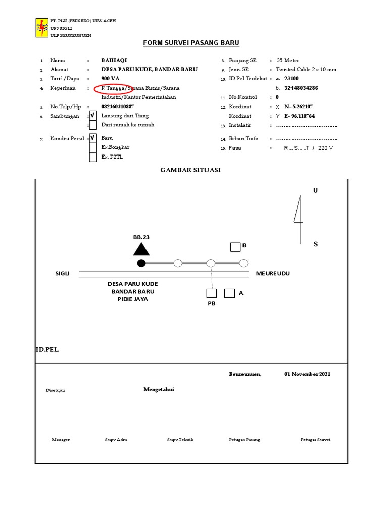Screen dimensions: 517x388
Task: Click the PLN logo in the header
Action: pyautogui.click(x=41, y=28)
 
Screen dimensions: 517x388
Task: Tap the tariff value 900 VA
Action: pyautogui.click(x=110, y=79)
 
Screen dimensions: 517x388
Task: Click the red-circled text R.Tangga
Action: pyautogui.click(x=113, y=88)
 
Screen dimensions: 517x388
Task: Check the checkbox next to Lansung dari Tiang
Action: pyautogui.click(x=93, y=116)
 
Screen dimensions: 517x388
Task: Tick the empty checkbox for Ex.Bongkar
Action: pyautogui.click(x=93, y=147)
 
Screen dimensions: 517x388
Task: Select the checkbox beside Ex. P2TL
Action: pyautogui.click(x=93, y=157)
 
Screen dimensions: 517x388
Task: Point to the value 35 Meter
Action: pyautogui.click(x=287, y=60)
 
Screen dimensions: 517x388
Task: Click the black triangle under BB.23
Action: pyautogui.click(x=141, y=249)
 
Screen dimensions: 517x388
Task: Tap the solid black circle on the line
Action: pyautogui.click(x=141, y=263)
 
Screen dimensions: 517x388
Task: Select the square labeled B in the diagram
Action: pyautogui.click(x=235, y=247)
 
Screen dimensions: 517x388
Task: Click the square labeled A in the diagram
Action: pyautogui.click(x=229, y=293)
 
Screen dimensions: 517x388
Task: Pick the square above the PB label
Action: pyautogui.click(x=211, y=293)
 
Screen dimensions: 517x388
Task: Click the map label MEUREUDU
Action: pyautogui.click(x=273, y=273)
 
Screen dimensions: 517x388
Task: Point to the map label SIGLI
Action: pyautogui.click(x=63, y=273)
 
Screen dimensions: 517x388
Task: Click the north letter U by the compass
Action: pyautogui.click(x=316, y=190)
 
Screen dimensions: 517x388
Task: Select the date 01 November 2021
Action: pyautogui.click(x=307, y=374)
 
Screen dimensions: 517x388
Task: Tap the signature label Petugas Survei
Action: pyautogui.click(x=315, y=440)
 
